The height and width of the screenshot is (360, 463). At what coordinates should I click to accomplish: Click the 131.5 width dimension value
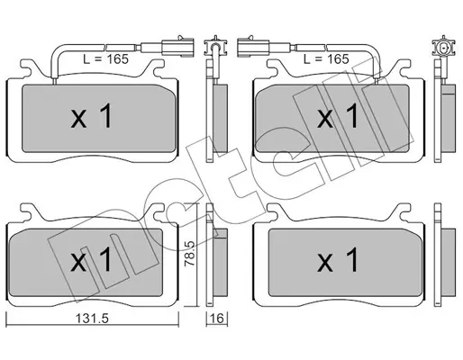[x=92, y=319]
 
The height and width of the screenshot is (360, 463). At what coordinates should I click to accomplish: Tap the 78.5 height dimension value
[x=190, y=254]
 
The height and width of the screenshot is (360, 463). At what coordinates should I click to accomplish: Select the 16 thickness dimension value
[x=217, y=319]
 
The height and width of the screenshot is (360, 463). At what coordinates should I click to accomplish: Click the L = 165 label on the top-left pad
[x=105, y=59]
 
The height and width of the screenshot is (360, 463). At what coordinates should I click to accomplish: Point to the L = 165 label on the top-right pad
[x=326, y=59]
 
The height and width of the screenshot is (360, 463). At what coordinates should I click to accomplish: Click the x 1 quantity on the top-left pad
[x=92, y=116]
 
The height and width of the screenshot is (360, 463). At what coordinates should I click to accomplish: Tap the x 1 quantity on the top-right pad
[x=338, y=116]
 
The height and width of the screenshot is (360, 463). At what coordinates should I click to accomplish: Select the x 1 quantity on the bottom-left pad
[x=92, y=260]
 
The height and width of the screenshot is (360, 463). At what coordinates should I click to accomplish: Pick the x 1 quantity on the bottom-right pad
[x=338, y=260]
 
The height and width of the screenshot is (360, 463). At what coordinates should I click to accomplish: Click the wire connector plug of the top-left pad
[x=177, y=47]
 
